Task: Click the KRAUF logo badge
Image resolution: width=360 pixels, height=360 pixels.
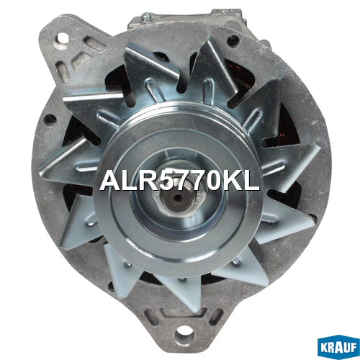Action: tap(338, 348)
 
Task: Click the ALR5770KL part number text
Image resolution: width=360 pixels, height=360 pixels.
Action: tap(179, 181)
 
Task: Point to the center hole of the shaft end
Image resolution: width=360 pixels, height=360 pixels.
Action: tap(178, 198)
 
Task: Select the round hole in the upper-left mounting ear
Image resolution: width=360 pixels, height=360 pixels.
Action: tap(63, 38)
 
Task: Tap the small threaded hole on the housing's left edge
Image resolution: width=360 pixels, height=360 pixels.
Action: tap(50, 118)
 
